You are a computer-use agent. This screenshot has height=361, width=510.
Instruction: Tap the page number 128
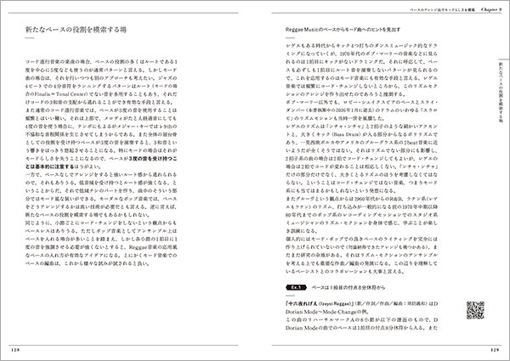[25, 346]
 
